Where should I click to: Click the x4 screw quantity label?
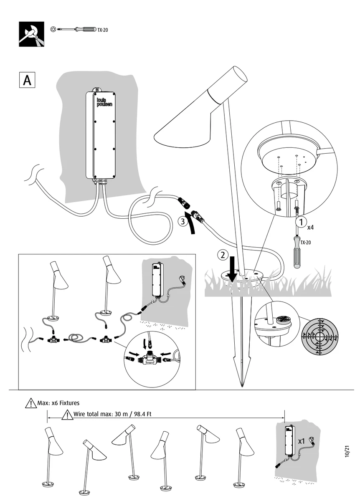tap(311, 228)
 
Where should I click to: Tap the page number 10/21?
tap(347, 453)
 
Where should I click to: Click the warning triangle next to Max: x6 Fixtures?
tap(31, 403)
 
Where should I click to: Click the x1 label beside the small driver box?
tap(302, 441)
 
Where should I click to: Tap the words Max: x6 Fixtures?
tap(58, 403)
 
